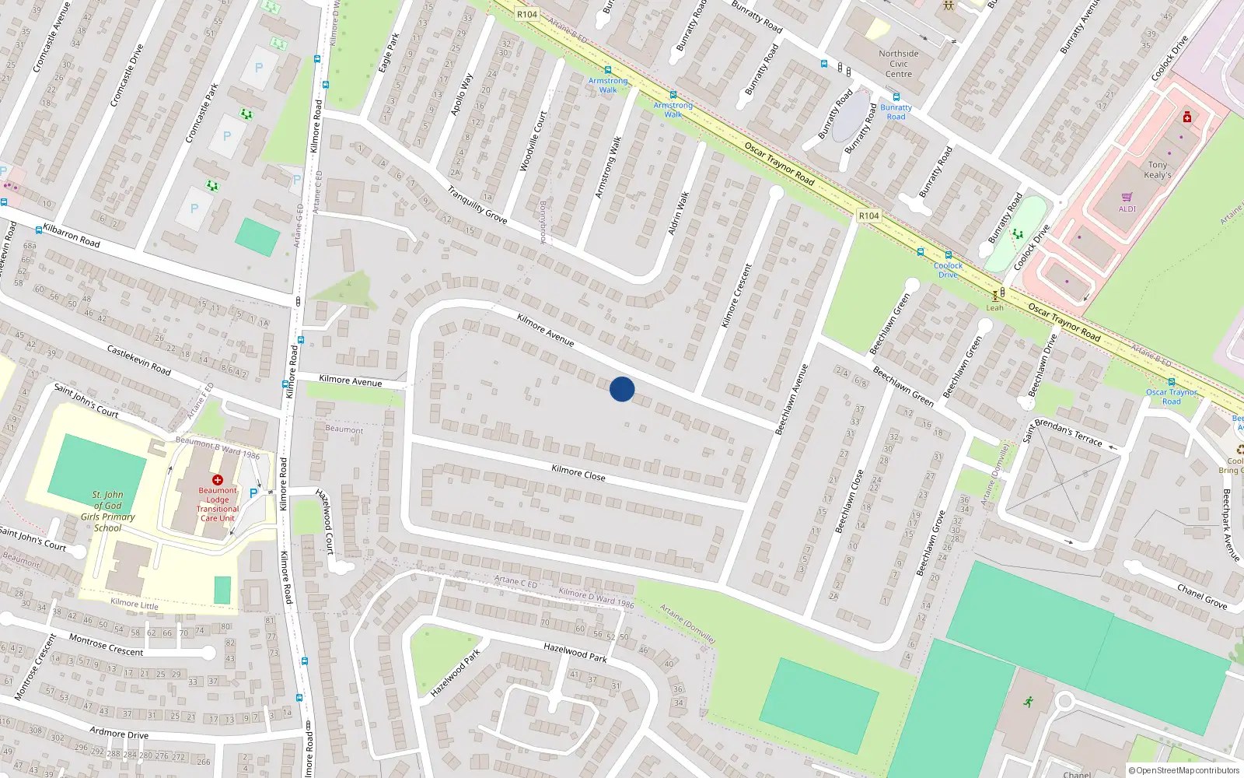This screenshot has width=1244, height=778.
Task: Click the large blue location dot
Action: click(622, 389)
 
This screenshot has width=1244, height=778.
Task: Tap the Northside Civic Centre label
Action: click(899, 64)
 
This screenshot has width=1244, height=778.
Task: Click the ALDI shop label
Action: click(1127, 209)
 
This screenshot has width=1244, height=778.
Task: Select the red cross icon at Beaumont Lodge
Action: click(218, 480)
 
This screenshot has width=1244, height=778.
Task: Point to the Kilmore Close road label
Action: click(578, 472)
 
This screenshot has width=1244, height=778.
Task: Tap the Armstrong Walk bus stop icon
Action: click(608, 70)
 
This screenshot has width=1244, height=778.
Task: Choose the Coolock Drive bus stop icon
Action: click(948, 255)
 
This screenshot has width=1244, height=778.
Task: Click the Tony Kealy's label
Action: click(1158, 170)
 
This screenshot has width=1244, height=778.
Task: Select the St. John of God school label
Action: click(108, 511)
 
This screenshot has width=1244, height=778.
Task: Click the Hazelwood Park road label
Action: click(575, 653)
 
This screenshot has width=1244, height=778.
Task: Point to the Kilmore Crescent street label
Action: click(736, 296)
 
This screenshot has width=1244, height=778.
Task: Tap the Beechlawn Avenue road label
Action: click(792, 399)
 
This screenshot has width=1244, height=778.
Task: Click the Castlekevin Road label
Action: click(138, 360)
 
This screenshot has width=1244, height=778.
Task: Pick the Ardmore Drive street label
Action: click(119, 733)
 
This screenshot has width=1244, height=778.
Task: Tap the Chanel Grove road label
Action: click(1202, 596)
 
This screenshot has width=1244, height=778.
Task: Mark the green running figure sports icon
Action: click(1029, 702)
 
